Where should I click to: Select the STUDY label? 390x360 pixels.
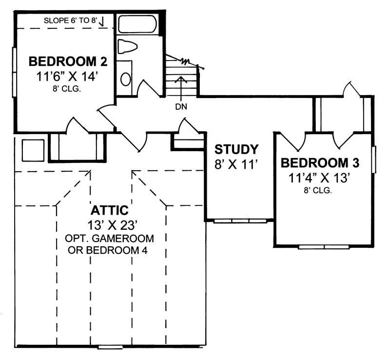tap(236, 149)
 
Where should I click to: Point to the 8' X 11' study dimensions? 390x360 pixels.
tap(236, 164)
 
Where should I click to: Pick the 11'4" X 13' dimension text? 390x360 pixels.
tap(320, 178)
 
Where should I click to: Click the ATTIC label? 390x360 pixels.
tap(110, 211)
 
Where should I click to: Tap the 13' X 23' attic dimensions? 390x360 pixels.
tap(110, 226)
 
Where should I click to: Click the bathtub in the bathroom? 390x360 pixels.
tap(137, 24)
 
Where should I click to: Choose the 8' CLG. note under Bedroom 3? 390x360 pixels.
tap(320, 191)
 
